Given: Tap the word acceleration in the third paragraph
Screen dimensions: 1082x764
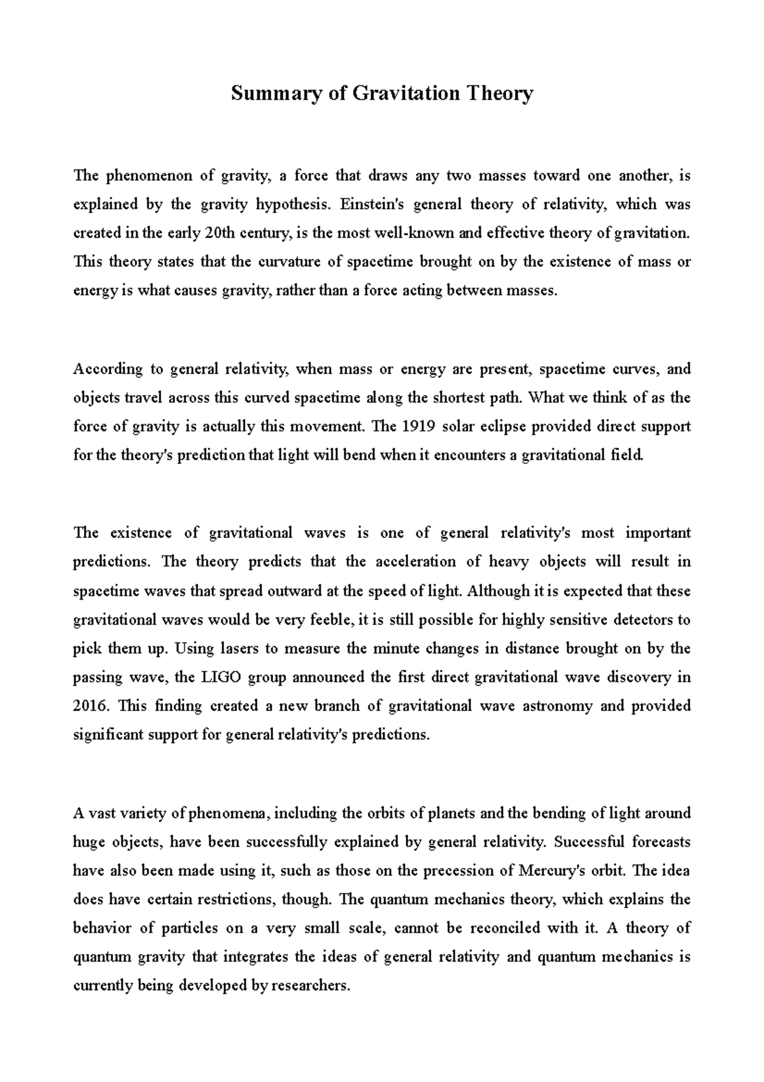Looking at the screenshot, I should coord(416,562).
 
